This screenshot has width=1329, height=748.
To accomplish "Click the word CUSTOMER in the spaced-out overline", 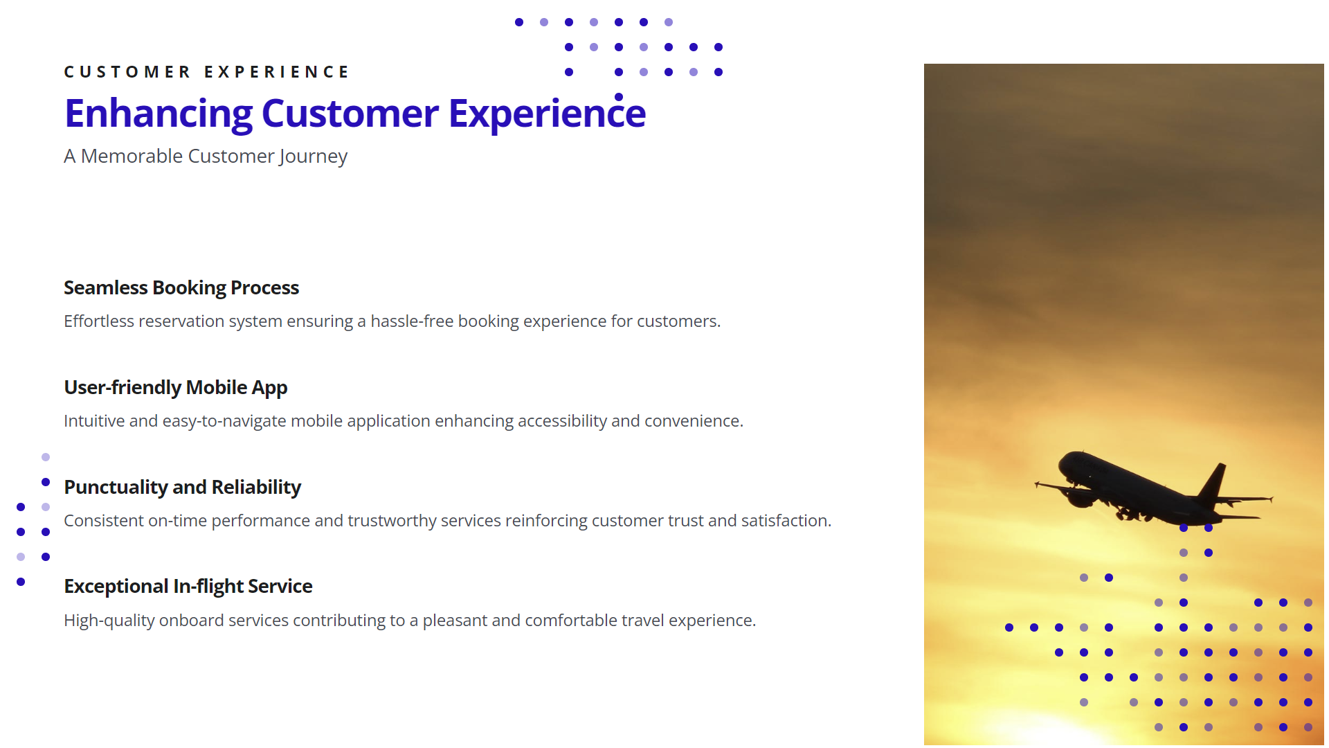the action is click(127, 72).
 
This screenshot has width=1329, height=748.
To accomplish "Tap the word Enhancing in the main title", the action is click(159, 114).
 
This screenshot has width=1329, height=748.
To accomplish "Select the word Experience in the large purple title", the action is click(547, 113).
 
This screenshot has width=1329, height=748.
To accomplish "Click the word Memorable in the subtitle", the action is click(132, 156).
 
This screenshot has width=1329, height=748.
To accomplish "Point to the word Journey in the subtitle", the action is click(313, 157).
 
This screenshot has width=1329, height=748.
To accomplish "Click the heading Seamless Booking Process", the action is click(181, 288).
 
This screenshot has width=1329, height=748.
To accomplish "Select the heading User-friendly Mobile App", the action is click(176, 388).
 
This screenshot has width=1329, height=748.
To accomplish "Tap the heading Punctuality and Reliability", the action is click(183, 488).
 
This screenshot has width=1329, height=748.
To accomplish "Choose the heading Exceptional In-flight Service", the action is click(188, 587).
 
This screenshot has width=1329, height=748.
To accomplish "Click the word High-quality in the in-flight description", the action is click(109, 621).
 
